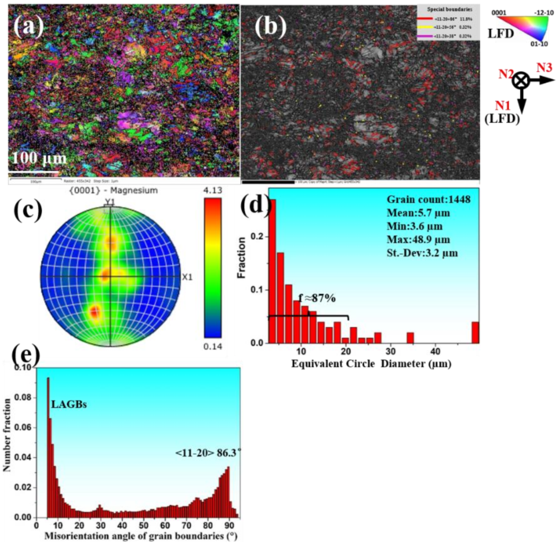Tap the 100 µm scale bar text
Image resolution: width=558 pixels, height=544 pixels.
tap(39, 158)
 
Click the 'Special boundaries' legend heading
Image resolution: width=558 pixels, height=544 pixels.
tap(449, 9)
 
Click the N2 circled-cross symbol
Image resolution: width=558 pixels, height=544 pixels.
tap(521, 81)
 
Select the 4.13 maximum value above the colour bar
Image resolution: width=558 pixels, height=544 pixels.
tap(212, 190)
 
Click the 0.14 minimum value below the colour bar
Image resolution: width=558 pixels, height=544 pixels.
tap(212, 346)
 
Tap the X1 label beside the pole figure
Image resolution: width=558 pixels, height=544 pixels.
tap(187, 277)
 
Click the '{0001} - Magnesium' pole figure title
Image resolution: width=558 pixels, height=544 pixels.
tap(113, 190)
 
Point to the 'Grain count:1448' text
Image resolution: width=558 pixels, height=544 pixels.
tap(428, 199)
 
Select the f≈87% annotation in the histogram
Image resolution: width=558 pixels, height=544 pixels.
tap(317, 298)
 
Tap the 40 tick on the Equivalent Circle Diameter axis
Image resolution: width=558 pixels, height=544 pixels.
tap(435, 350)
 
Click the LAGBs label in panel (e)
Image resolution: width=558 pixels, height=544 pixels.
tap(69, 405)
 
